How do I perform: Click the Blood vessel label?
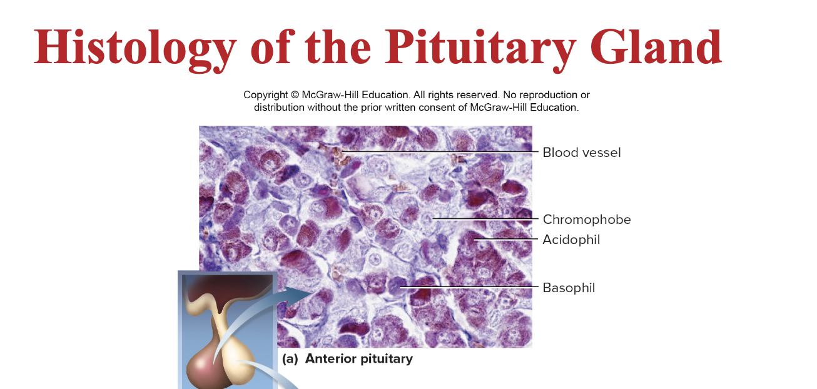581,153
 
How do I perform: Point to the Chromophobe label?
586,220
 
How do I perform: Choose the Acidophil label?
571,240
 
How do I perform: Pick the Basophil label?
568,288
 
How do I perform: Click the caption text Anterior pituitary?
358,359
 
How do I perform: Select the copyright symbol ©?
294,95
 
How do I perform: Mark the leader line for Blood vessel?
438,152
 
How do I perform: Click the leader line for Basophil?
469,287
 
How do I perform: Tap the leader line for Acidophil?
507,239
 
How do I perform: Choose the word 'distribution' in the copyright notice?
279,108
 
